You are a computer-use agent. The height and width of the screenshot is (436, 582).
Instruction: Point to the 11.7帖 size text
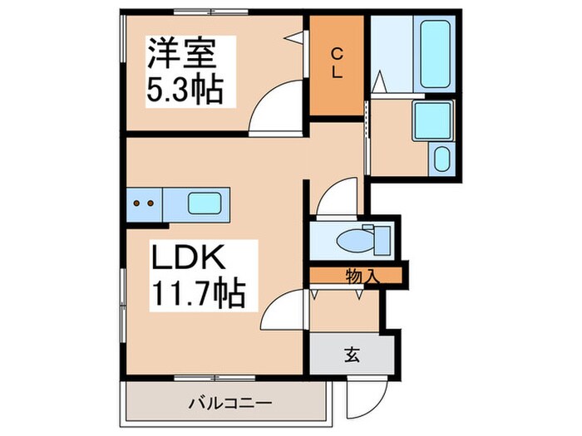(197, 293)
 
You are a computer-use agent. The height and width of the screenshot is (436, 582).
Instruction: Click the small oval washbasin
(441, 159)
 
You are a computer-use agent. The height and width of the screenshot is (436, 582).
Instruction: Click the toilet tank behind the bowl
(380, 238)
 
